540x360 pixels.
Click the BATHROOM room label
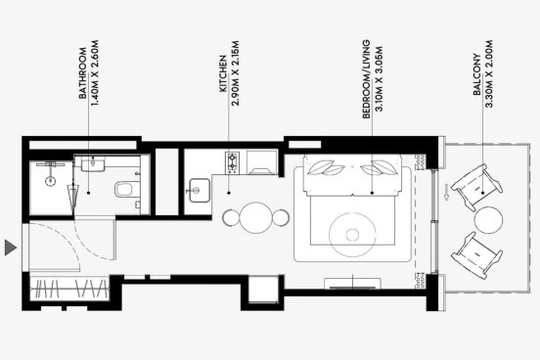(x=82, y=73)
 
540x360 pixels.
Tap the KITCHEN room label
(x=223, y=73)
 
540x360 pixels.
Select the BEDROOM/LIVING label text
(x=367, y=79)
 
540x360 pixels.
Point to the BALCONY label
(x=477, y=74)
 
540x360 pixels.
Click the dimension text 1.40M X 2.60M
(x=94, y=73)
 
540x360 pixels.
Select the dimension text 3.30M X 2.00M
(x=489, y=73)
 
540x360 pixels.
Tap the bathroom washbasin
(x=93, y=163)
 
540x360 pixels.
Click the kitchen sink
(x=198, y=190)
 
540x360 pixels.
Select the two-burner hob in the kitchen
(x=232, y=162)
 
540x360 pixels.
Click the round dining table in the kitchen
(x=256, y=218)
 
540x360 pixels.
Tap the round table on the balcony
(x=488, y=220)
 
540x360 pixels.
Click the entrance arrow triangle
(x=11, y=247)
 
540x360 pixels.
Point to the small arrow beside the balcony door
(x=446, y=192)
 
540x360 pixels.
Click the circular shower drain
(x=51, y=181)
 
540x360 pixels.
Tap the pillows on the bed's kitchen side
(x=326, y=167)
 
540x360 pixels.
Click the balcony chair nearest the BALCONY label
(x=476, y=188)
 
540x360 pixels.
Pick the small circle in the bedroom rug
(x=352, y=235)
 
